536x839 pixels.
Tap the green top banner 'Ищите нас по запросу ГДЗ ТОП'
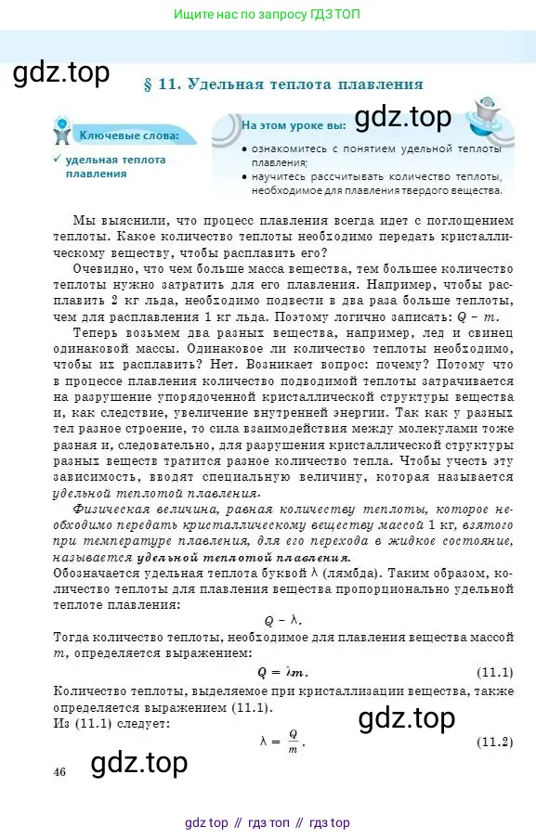tap(268, 14)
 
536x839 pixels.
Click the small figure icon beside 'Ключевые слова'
tap(61, 131)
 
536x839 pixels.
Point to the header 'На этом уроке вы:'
tap(293, 124)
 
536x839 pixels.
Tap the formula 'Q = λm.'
tap(282, 672)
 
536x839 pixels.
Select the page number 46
tap(60, 771)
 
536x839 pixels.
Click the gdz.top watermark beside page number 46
tap(139, 763)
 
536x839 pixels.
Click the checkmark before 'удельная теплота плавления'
tap(57, 160)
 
